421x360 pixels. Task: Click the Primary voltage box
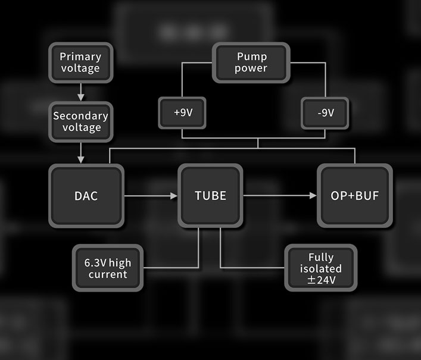tap(80, 62)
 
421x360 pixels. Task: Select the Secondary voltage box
tap(80, 122)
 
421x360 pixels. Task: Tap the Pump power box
tap(251, 62)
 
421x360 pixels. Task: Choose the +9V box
tap(182, 112)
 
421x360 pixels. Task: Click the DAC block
tap(86, 196)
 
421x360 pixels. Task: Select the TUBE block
tap(210, 196)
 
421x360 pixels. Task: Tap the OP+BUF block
tap(354, 196)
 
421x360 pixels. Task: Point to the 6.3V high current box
tap(108, 268)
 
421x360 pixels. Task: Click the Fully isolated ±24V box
tap(320, 268)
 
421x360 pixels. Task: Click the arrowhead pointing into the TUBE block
tap(174, 196)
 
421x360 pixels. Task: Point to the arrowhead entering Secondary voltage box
tap(80, 97)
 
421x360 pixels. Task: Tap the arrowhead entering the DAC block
tap(80, 159)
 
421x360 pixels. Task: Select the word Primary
tap(80, 57)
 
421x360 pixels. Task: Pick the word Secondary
tap(80, 116)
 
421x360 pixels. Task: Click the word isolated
tap(320, 268)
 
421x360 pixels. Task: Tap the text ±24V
tap(320, 279)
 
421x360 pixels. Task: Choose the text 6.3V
tap(96, 263)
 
